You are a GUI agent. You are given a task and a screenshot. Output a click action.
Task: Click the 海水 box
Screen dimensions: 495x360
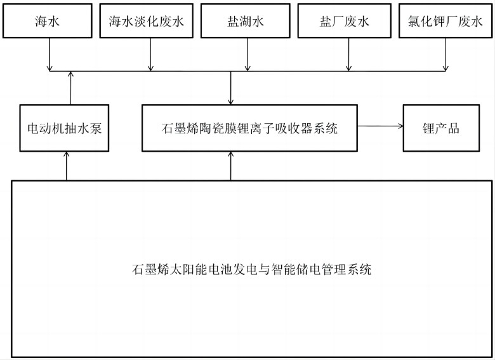48,21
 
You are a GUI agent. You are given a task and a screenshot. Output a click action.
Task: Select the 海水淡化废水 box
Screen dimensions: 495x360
147,21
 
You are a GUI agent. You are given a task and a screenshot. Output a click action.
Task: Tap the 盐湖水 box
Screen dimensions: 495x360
246,21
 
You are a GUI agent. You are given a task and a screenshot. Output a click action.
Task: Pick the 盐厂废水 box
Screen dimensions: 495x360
345,21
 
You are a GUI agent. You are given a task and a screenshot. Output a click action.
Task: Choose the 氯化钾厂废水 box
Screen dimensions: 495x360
445,21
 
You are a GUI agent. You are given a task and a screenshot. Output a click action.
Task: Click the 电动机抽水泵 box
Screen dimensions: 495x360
64,128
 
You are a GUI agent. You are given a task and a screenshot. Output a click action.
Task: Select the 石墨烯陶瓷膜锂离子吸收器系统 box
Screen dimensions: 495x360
249,128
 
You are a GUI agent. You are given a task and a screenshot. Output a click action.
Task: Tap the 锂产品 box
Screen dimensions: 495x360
441,128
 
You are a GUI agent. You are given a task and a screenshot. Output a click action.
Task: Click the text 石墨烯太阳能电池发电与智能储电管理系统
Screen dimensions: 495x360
251,269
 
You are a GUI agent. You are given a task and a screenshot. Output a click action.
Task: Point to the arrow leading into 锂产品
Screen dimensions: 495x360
380,126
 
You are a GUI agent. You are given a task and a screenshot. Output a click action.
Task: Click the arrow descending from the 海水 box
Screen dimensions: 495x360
49,55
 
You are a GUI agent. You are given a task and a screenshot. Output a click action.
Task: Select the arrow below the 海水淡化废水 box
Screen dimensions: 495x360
150,55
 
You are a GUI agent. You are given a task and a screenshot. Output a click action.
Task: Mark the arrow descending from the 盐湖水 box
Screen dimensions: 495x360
247,55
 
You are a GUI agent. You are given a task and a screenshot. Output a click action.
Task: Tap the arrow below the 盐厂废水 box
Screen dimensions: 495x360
348,55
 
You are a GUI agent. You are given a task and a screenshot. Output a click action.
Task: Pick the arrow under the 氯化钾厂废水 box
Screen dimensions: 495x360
445,55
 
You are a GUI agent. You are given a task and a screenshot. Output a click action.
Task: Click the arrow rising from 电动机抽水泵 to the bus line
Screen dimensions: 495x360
70,88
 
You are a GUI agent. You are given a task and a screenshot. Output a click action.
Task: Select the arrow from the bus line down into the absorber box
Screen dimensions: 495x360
231,88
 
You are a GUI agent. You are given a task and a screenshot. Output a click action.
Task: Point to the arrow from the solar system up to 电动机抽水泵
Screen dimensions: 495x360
66,166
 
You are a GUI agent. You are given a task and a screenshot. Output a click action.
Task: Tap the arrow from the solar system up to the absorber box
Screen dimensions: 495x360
231,166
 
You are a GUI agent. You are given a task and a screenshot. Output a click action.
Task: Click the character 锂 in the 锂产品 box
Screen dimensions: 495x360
428,128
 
